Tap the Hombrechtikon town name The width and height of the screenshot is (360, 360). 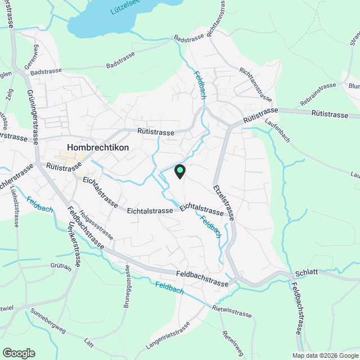(x=98, y=147)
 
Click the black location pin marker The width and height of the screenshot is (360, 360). (x=179, y=171)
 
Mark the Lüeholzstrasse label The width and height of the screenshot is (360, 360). (x=15, y=208)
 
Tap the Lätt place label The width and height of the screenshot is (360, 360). (x=88, y=343)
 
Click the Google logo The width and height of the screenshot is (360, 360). (x=18, y=353)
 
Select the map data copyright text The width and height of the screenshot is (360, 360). (x=325, y=355)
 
